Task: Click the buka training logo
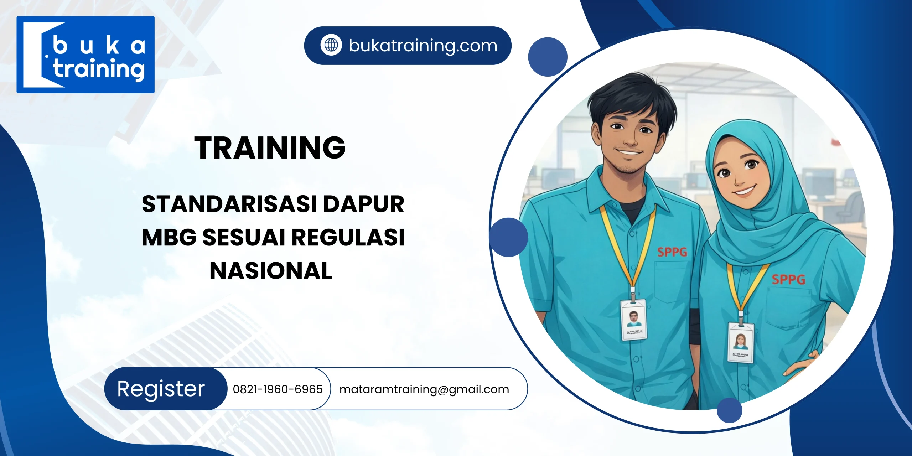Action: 85,55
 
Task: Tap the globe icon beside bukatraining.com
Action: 331,45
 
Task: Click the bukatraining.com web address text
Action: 423,46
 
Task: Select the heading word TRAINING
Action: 270,147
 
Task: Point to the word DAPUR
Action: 363,204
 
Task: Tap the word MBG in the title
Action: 169,237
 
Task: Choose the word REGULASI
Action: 348,237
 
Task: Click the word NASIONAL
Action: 271,271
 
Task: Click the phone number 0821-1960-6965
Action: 278,389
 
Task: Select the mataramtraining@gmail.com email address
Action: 424,389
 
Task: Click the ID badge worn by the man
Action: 633,320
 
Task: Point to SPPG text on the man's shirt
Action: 672,252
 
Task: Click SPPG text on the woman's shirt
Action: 788,280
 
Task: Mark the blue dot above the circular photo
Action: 548,57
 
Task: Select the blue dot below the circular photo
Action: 729,410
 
